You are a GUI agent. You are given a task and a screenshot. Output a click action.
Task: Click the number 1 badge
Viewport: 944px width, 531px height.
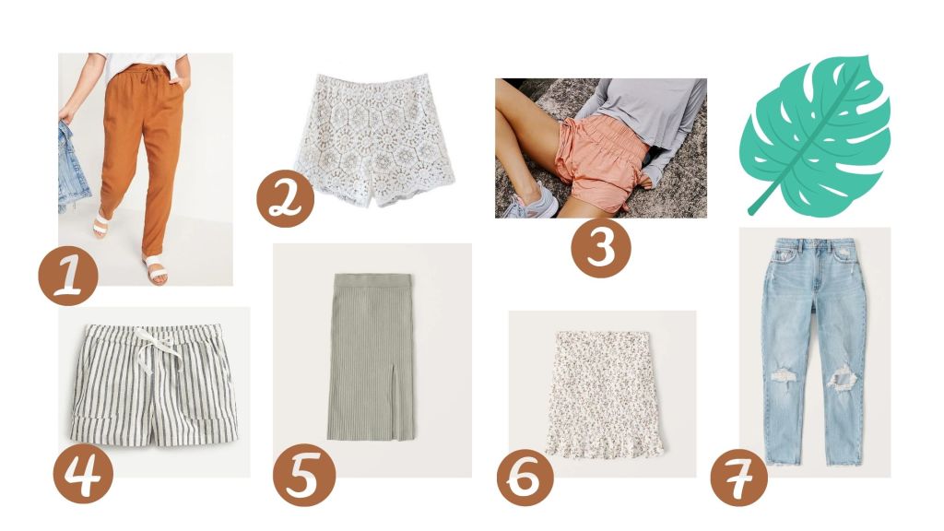pos(68,276)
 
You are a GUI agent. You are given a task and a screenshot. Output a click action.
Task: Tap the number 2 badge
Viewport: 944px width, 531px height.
pos(286,198)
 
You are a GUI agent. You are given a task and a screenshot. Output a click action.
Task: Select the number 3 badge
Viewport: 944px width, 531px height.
pos(601,248)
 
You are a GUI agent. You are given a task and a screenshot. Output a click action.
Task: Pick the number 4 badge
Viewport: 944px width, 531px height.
pos(83,474)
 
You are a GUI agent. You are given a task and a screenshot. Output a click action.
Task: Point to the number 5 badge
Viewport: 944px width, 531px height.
pos(304,475)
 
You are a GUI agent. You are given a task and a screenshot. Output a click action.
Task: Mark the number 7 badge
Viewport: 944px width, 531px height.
pos(738,477)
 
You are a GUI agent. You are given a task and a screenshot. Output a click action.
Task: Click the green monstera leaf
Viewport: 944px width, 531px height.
pos(816,135)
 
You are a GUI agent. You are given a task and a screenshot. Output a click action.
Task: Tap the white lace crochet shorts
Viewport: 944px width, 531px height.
pos(373,140)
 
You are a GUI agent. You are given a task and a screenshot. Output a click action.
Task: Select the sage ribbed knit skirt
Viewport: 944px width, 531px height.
pos(372,357)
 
